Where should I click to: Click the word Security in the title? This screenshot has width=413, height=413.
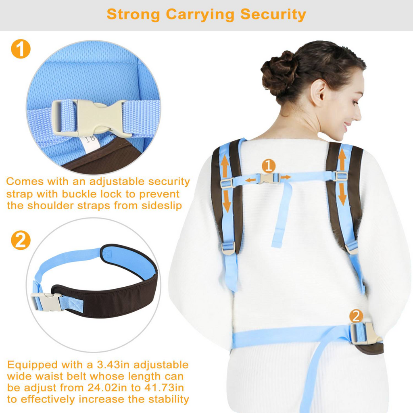click(273, 15)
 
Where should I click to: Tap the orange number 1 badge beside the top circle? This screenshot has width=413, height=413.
click(21, 49)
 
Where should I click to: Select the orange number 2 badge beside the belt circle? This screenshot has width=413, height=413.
click(21, 240)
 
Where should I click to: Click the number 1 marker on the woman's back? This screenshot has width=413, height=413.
click(269, 166)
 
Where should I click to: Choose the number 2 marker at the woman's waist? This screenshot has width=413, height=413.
click(356, 316)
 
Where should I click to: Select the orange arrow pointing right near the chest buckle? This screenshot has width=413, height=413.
click(286, 177)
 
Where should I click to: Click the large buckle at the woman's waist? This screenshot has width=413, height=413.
click(365, 334)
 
